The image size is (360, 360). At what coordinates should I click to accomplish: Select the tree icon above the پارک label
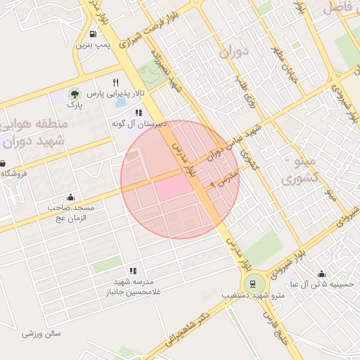(74, 94)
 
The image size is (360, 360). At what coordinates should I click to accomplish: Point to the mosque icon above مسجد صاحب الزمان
(70, 198)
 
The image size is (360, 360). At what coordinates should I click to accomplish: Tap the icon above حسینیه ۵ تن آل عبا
(321, 274)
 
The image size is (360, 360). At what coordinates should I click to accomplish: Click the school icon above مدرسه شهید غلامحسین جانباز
(132, 271)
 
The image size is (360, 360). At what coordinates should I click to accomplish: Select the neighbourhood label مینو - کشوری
(299, 170)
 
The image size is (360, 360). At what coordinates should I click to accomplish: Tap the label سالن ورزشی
(42, 333)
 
